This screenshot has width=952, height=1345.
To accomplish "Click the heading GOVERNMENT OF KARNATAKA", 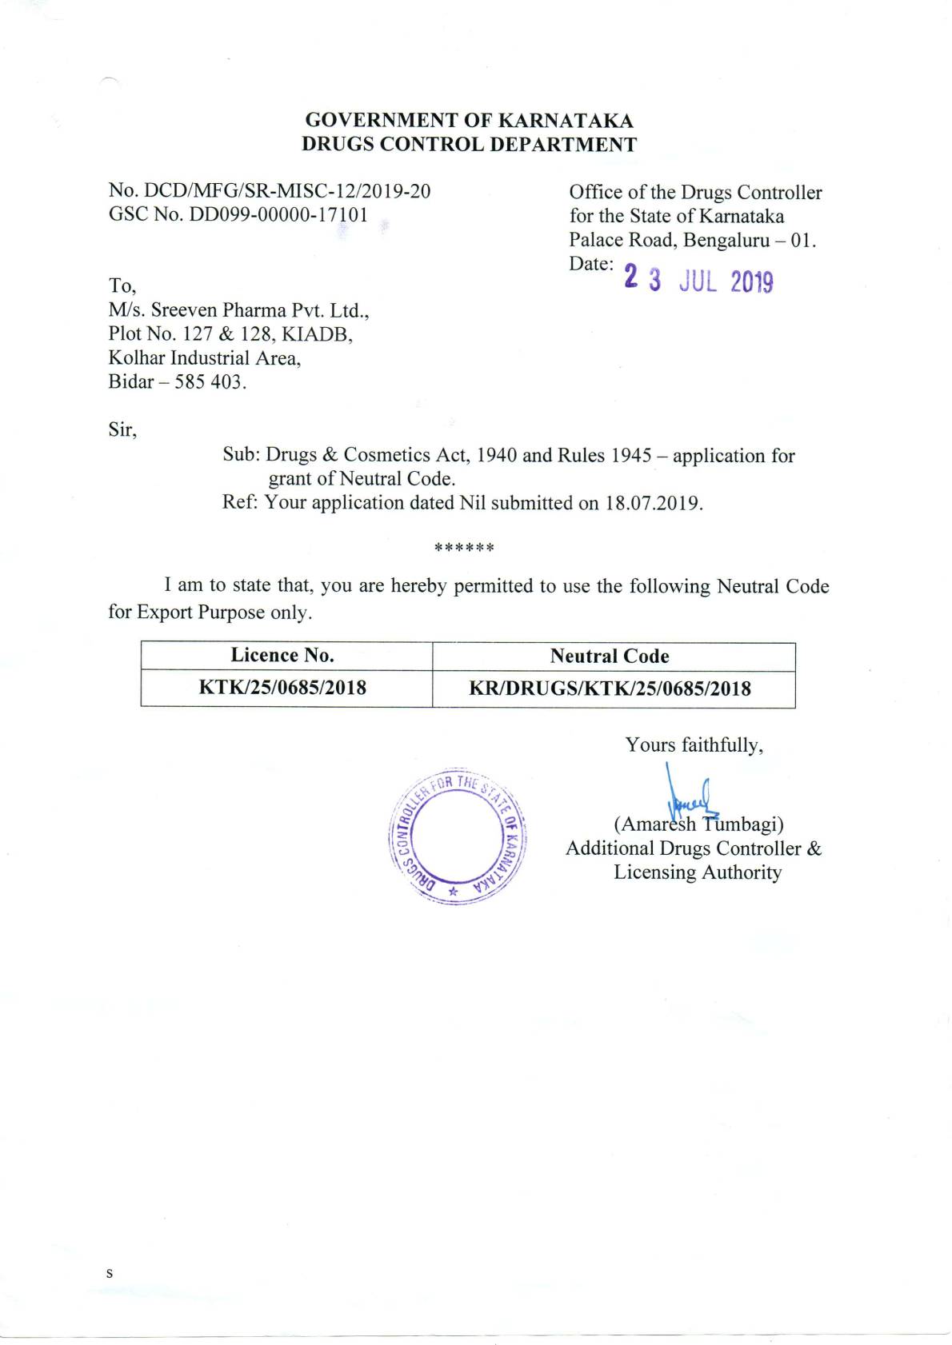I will point(469,121).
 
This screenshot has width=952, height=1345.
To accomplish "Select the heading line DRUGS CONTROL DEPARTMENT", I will point(469,145).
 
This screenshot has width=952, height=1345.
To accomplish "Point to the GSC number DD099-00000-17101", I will point(278,214).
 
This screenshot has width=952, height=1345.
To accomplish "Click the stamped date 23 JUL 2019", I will point(698,280).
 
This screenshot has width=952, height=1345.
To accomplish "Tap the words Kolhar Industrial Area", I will point(205,358).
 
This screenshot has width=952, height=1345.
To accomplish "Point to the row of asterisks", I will point(464,549).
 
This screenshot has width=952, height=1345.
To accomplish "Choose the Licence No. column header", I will point(282,656).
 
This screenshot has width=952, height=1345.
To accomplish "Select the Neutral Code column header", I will point(609,657).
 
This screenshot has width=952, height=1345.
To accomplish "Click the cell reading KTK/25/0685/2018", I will point(282,688).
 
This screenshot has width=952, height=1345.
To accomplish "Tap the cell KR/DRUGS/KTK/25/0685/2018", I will point(610,688).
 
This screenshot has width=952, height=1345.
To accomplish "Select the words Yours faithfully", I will point(694,745).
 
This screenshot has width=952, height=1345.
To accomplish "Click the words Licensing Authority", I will point(697,872).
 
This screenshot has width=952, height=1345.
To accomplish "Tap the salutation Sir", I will point(122,430).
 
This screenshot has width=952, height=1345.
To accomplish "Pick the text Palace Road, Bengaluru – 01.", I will point(692,240).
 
